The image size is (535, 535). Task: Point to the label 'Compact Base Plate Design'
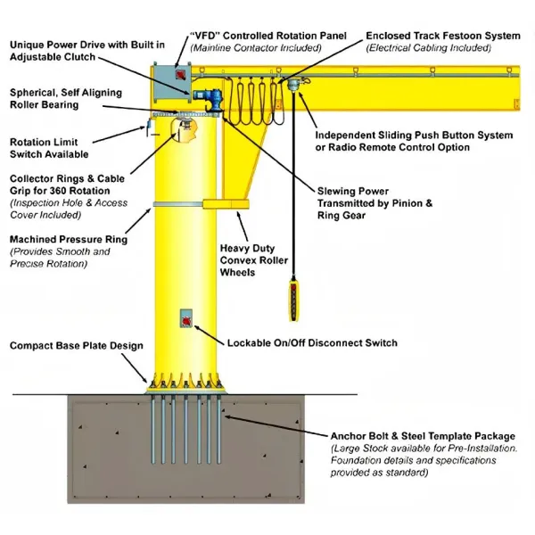tap(76, 345)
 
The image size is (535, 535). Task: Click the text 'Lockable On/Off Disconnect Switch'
tap(312, 342)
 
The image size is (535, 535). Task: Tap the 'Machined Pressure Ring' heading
tap(68, 239)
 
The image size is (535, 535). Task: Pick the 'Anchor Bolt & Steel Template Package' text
tap(423, 436)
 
